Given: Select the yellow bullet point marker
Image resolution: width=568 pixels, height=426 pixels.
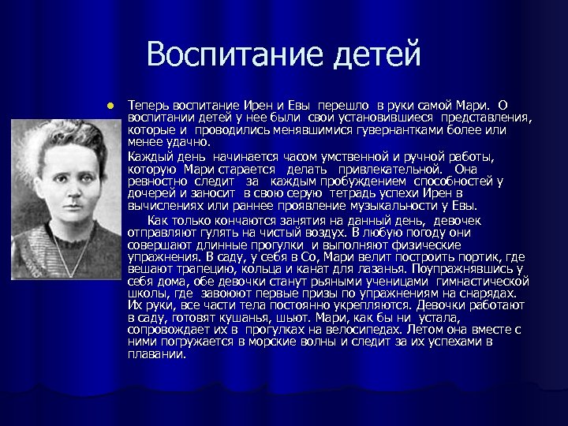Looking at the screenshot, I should pos(113,105).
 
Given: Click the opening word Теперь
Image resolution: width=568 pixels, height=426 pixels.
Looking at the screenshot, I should pos(148,105).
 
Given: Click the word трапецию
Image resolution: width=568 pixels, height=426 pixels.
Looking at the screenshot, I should pos(194,270).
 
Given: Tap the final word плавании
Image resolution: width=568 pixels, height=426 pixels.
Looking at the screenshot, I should pos(158,354).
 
